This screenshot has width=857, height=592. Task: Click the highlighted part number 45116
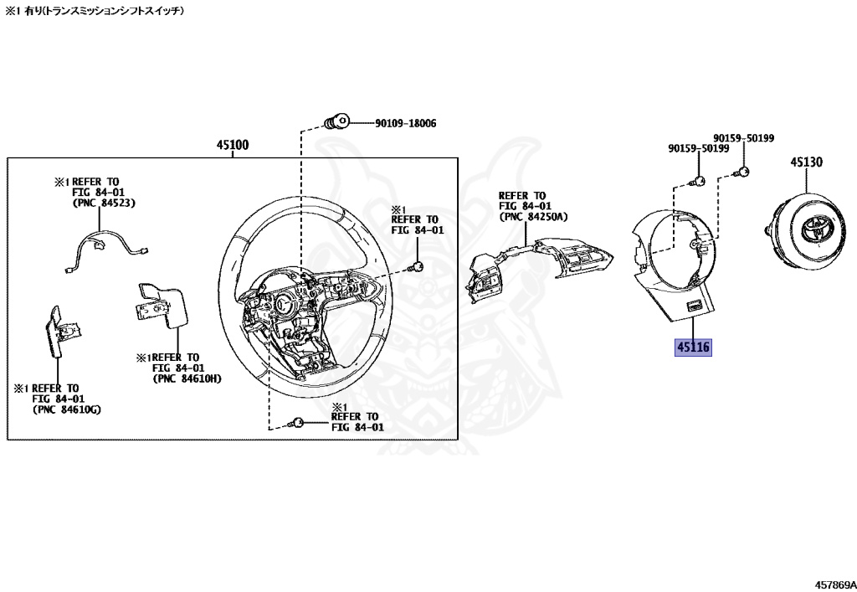[693, 347]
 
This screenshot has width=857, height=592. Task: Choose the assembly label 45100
[232, 145]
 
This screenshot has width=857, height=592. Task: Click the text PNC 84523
[104, 202]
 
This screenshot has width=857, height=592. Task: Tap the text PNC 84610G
[64, 409]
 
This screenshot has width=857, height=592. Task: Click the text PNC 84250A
[533, 217]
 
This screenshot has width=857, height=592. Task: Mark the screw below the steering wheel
[295, 424]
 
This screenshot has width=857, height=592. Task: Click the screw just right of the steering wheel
[415, 267]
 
